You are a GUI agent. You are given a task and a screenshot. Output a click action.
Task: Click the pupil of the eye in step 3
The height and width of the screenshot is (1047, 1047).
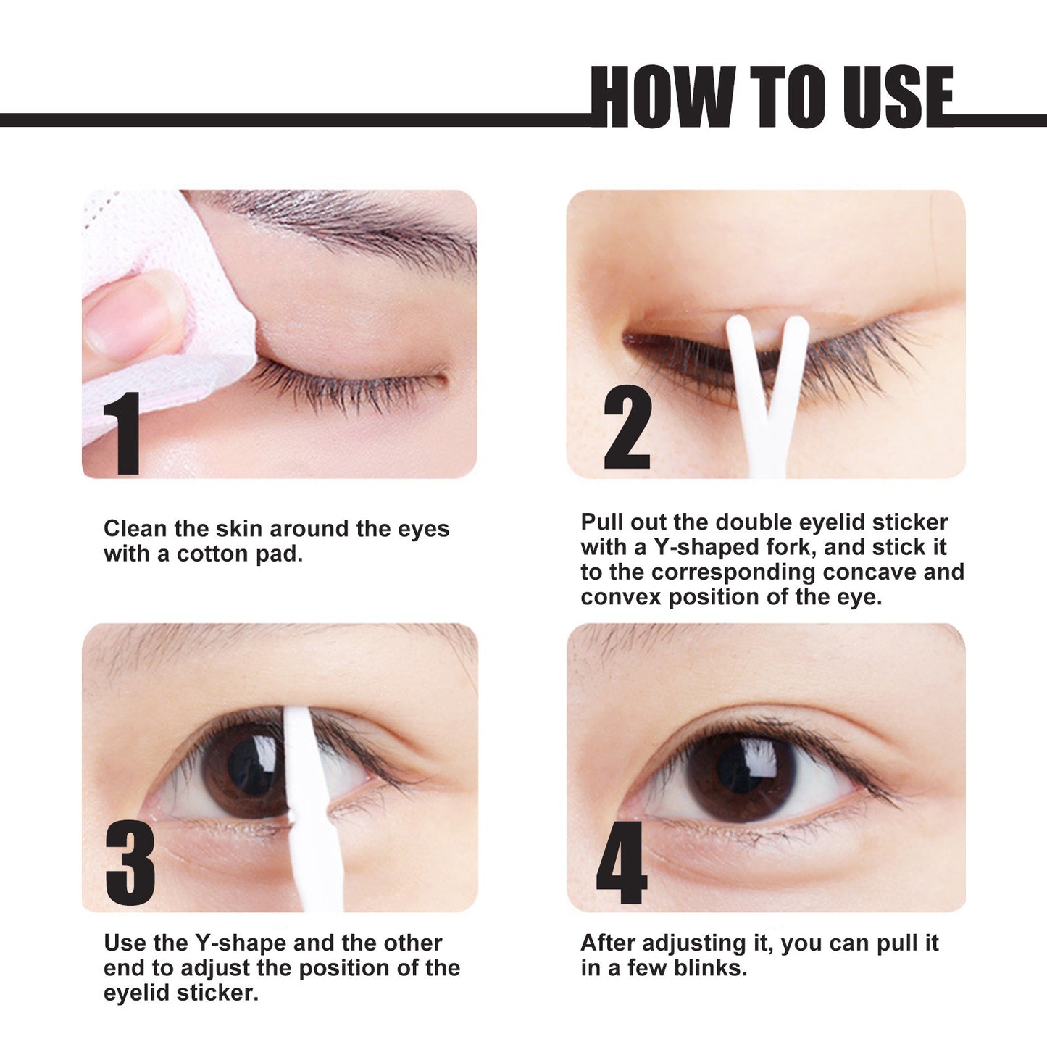coord(250,765)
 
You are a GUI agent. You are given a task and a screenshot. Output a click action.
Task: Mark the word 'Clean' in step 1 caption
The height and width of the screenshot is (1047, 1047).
coord(135,529)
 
